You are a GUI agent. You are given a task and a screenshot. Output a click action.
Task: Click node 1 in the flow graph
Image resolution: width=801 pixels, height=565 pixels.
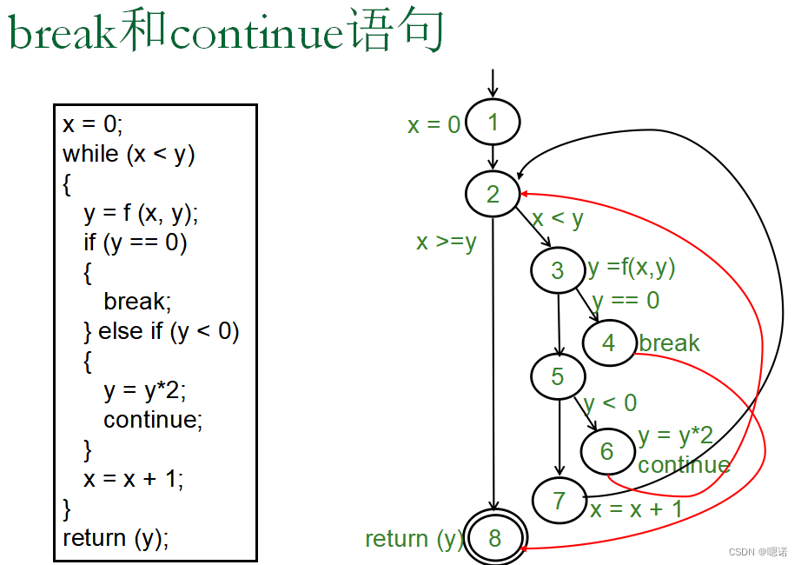tap(493, 123)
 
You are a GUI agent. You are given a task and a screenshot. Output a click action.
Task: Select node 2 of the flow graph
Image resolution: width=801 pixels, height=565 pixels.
tap(493, 194)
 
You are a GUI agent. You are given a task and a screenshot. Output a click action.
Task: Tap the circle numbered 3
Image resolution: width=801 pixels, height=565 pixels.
tap(559, 270)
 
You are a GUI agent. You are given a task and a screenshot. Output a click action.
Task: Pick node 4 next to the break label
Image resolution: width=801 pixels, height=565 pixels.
tap(609, 342)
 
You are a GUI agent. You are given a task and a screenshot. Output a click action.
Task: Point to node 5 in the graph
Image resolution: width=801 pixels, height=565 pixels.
tap(559, 376)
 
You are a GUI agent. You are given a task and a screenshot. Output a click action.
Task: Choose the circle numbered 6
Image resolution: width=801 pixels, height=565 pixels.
tap(607, 450)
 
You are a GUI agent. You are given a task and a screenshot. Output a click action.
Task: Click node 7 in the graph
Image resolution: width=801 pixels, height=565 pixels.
tap(559, 501)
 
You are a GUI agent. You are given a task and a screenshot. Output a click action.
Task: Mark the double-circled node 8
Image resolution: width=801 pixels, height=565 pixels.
tap(494, 538)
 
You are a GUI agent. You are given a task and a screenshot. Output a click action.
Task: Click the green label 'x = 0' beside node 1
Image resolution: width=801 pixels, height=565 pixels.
tap(434, 125)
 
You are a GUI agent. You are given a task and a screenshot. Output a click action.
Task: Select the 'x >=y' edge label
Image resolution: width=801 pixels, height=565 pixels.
tap(446, 242)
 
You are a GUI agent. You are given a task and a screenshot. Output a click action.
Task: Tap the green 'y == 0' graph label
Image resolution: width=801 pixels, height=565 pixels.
tap(626, 301)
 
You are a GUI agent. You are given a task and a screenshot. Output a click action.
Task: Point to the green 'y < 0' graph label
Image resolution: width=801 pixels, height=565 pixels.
tap(610, 403)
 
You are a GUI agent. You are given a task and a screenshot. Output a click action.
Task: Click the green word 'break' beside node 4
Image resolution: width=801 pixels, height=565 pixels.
tap(669, 343)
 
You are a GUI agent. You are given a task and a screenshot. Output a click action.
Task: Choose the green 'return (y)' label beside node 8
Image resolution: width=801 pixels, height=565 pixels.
tap(414, 539)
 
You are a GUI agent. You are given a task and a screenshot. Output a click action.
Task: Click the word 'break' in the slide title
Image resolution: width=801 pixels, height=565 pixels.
tap(62, 33)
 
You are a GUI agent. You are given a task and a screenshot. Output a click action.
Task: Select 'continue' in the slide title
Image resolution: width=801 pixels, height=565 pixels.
tap(257, 33)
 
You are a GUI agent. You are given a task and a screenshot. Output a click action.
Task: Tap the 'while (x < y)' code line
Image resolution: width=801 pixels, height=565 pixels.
tap(129, 154)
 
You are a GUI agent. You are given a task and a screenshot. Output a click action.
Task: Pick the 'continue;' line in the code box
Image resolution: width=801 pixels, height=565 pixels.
tap(153, 420)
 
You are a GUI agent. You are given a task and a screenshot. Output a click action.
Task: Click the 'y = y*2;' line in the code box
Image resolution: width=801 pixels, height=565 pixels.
tap(145, 390)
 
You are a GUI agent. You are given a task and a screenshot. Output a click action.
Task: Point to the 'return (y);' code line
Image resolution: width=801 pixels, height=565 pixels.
tap(116, 538)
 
